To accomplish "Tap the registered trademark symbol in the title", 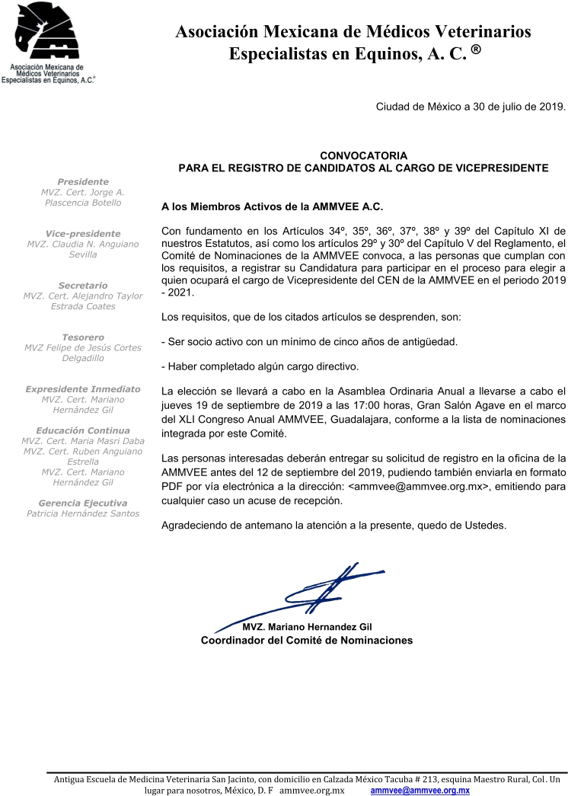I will click(x=474, y=50).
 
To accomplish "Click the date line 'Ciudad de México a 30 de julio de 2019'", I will click(x=471, y=107).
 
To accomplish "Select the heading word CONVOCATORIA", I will click(x=363, y=155).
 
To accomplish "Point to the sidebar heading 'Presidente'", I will click(x=83, y=181).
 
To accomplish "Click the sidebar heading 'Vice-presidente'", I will click(x=83, y=233).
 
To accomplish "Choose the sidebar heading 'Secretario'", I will click(x=83, y=285).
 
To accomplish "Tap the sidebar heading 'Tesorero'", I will click(x=83, y=337).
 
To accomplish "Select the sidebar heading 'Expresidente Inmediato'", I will click(x=83, y=388).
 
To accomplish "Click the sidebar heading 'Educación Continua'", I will click(x=83, y=430).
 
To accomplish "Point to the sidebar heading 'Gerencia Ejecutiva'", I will click(x=83, y=503).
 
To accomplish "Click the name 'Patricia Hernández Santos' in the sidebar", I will click(x=83, y=513).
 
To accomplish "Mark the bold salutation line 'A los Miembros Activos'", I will click(x=273, y=206).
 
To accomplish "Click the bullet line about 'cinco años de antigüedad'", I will click(x=310, y=341).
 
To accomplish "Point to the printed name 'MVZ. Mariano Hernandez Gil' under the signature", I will click(x=307, y=626).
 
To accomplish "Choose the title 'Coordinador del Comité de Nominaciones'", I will click(x=307, y=641).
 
